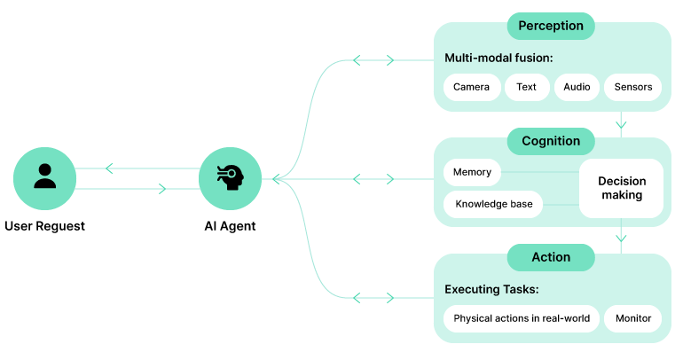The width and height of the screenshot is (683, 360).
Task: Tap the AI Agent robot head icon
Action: (x=230, y=178)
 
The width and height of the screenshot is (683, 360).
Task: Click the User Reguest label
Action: (x=44, y=226)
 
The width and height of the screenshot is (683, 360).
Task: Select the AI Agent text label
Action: (x=230, y=226)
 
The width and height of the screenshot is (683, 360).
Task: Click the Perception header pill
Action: (x=551, y=26)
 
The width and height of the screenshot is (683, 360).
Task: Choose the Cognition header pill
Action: (x=551, y=141)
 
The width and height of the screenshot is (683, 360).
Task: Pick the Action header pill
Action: (x=551, y=257)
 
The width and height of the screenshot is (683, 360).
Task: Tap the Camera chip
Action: (x=472, y=87)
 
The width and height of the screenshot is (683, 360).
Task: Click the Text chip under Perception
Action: (x=527, y=87)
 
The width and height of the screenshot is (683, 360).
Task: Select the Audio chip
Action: (x=577, y=87)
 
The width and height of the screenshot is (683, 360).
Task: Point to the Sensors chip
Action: (x=633, y=87)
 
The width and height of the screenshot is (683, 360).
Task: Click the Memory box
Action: (x=472, y=172)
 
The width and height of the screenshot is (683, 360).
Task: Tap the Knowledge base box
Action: (x=493, y=204)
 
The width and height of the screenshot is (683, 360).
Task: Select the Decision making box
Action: (x=622, y=188)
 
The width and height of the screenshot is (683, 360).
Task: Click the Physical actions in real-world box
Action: (x=521, y=318)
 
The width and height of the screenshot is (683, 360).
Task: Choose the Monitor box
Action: (x=633, y=318)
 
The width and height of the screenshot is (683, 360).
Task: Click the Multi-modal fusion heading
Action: (x=499, y=59)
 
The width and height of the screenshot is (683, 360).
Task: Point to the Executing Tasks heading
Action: (x=491, y=290)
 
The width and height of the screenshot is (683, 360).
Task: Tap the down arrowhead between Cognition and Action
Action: (x=621, y=238)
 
